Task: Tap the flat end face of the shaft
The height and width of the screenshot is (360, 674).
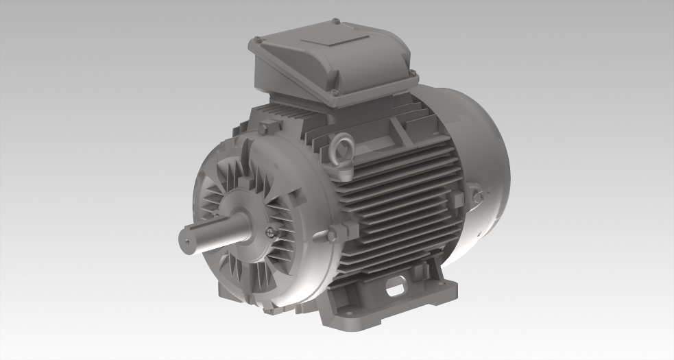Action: click(x=186, y=241)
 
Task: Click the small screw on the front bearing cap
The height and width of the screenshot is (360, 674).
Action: click(x=269, y=231)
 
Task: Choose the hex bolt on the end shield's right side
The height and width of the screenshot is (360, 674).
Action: click(x=333, y=235)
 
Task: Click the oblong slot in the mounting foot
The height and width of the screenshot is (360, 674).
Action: click(x=396, y=288)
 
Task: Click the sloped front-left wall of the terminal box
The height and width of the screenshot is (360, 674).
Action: click(x=288, y=75)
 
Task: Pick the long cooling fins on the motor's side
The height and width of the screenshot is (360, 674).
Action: click(x=405, y=199)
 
